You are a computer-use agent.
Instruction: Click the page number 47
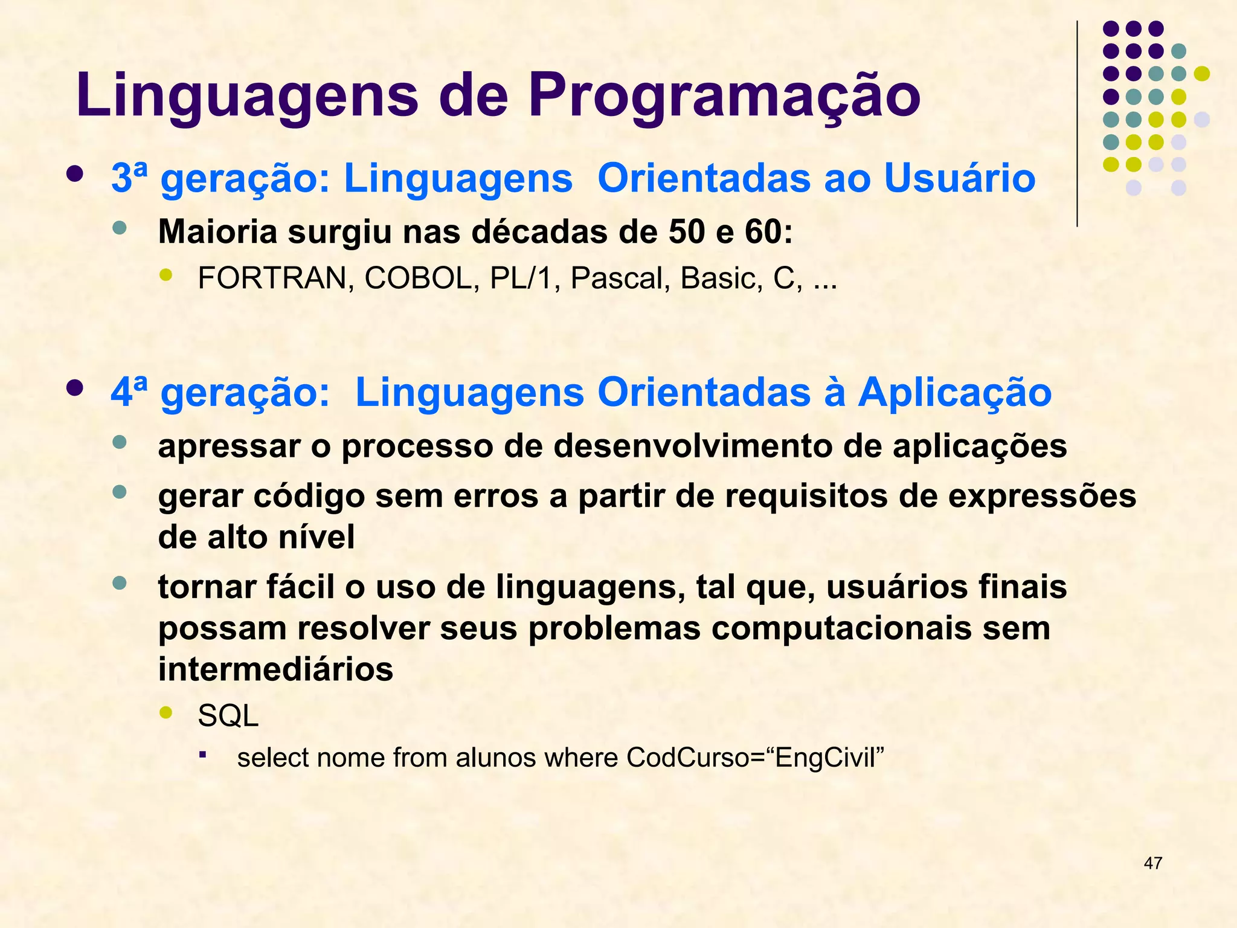[x=1152, y=863]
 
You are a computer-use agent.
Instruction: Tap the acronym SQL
[x=228, y=716]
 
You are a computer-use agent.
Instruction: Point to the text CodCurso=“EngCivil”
[x=755, y=758]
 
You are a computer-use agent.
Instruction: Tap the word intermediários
[x=275, y=669]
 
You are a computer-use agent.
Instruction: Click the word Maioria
[x=217, y=231]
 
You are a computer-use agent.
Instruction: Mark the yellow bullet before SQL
[x=165, y=713]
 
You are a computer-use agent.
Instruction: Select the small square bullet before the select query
[x=203, y=755]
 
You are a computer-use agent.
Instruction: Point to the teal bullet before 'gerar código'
[x=120, y=492]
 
